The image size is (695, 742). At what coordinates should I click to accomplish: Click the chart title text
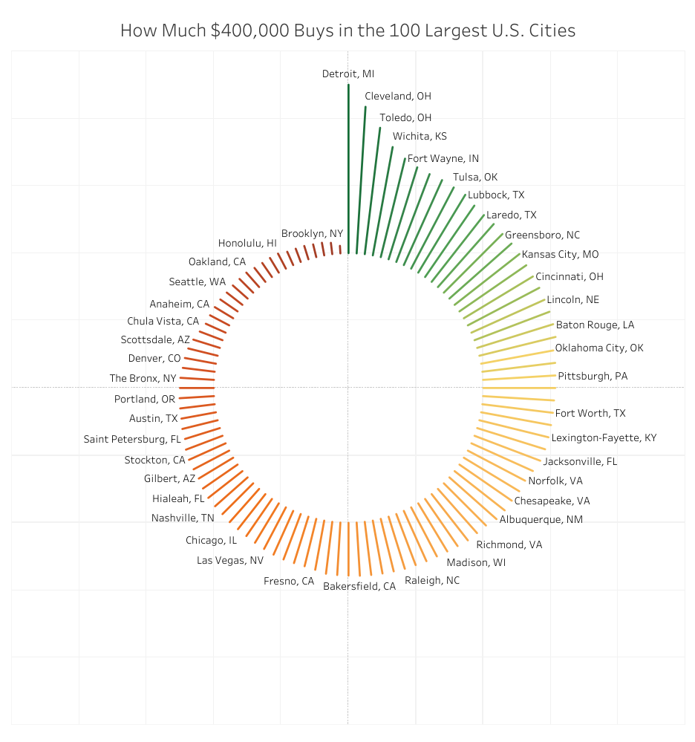click(347, 30)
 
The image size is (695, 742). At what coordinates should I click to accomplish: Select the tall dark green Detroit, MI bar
click(348, 171)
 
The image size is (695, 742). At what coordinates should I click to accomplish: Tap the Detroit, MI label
click(348, 74)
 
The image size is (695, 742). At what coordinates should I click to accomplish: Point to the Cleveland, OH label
click(398, 96)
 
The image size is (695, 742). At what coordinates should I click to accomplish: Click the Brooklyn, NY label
click(312, 233)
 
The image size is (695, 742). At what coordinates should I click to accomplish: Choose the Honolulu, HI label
click(247, 243)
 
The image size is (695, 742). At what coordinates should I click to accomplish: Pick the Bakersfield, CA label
click(359, 586)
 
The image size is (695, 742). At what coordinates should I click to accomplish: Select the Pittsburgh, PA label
click(593, 376)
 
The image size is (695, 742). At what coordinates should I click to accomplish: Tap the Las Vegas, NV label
click(230, 560)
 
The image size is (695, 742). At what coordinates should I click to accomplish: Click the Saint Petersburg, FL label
click(132, 439)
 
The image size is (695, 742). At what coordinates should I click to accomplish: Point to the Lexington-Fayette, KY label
click(604, 437)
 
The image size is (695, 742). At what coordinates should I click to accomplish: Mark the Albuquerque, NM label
click(541, 519)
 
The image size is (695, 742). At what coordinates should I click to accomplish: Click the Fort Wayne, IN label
click(443, 158)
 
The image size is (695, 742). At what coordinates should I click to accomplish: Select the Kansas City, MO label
click(560, 254)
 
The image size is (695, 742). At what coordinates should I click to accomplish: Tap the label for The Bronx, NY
click(143, 378)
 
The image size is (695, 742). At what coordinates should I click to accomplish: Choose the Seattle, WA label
click(198, 281)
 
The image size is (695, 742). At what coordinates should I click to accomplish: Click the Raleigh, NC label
click(432, 580)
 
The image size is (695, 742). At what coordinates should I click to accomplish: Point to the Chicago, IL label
click(212, 540)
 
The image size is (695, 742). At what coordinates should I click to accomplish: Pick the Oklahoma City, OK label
click(599, 348)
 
